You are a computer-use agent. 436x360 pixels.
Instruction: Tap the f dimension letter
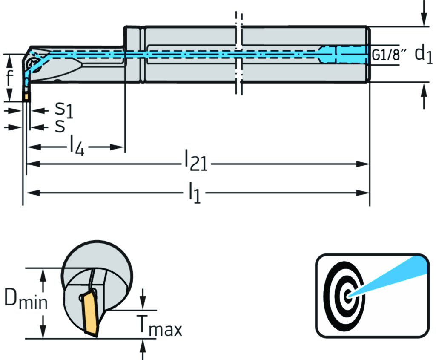pos(9,78)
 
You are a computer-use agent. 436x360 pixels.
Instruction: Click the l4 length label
pos(77,147)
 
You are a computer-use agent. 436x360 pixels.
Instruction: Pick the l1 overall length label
pos(194,193)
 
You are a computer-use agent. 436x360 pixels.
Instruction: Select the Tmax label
pos(159,326)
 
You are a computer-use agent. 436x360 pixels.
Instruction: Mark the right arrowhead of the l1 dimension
pos(364,193)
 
